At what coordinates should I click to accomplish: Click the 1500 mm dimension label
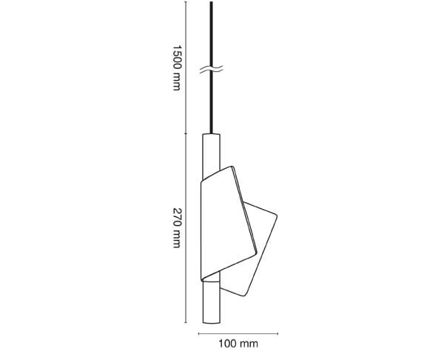pyautogui.click(x=177, y=67)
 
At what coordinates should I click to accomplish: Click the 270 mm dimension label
pyautogui.click(x=177, y=228)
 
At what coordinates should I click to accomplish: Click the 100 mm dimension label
pyautogui.click(x=238, y=344)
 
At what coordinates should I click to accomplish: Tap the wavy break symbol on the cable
pyautogui.click(x=211, y=69)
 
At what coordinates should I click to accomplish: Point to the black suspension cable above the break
pyautogui.click(x=211, y=33)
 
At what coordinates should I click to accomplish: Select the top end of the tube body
pyautogui.click(x=211, y=134)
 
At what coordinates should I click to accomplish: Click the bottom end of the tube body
pyautogui.click(x=212, y=323)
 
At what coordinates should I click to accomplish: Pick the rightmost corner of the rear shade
pyautogui.click(x=277, y=216)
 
